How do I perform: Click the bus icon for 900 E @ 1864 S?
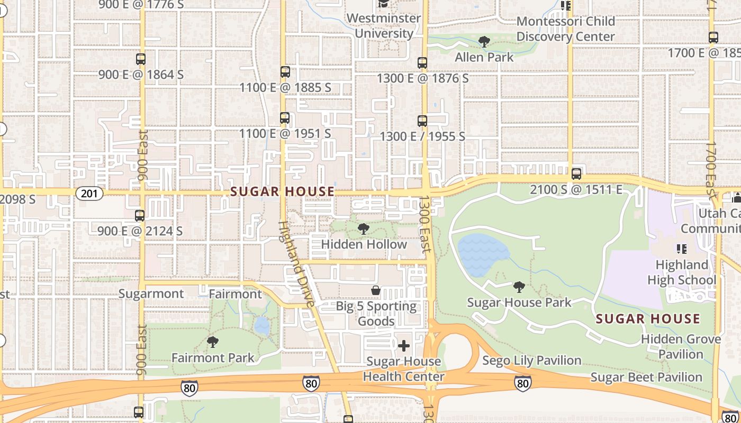tap(141, 59)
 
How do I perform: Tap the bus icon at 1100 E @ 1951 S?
tap(285, 118)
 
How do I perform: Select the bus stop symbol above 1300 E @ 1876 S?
tap(422, 63)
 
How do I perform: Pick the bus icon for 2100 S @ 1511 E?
tap(576, 174)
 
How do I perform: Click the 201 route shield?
tap(89, 194)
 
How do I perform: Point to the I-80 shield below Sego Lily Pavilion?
tap(523, 383)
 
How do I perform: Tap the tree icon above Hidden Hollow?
tap(364, 229)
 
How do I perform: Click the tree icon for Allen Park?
tap(484, 42)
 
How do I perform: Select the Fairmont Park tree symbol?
tap(213, 342)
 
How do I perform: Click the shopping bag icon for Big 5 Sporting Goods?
tap(376, 290)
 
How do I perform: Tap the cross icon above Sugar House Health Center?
tap(404, 346)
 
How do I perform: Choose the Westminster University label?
tap(384, 25)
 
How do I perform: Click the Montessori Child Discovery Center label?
tap(565, 29)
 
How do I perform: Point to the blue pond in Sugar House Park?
tap(481, 254)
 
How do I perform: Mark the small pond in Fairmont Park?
tap(262, 326)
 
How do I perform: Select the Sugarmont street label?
tap(151, 294)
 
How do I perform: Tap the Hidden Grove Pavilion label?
tap(681, 346)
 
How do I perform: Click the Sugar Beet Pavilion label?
tap(646, 377)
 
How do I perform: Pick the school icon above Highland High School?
tap(682, 249)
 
